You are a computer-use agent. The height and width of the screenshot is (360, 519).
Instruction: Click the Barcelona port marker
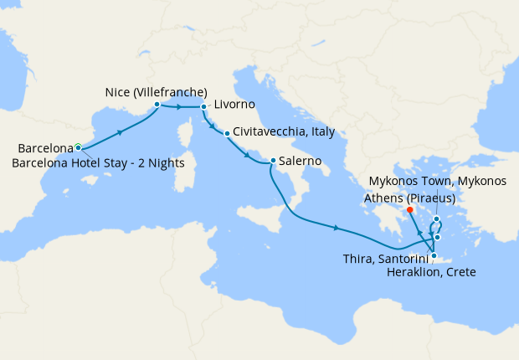pyautogui.click(x=78, y=147)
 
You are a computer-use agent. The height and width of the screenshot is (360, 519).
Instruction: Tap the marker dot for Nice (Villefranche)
pyautogui.click(x=157, y=105)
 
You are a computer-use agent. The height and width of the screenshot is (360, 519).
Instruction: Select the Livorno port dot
pyautogui.click(x=203, y=107)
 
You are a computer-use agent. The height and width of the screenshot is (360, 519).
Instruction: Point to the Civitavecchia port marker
pyautogui.click(x=227, y=133)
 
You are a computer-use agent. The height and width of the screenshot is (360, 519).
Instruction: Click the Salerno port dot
pyautogui.click(x=273, y=161)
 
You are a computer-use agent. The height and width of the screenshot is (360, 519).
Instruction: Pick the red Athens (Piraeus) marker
pyautogui.click(x=410, y=209)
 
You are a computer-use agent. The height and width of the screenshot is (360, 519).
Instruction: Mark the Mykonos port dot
pyautogui.click(x=437, y=219)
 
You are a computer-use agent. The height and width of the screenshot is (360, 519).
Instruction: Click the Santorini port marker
pyautogui.click(x=437, y=238)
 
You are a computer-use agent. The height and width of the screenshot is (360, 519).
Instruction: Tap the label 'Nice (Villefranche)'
pyautogui.click(x=157, y=91)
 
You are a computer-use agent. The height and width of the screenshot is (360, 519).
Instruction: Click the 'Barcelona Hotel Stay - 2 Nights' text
pyautogui.click(x=99, y=162)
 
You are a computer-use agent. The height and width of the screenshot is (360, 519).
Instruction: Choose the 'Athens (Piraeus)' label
pyautogui.click(x=410, y=198)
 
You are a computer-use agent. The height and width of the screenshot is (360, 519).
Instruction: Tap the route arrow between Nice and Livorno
pyautogui.click(x=180, y=107)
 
